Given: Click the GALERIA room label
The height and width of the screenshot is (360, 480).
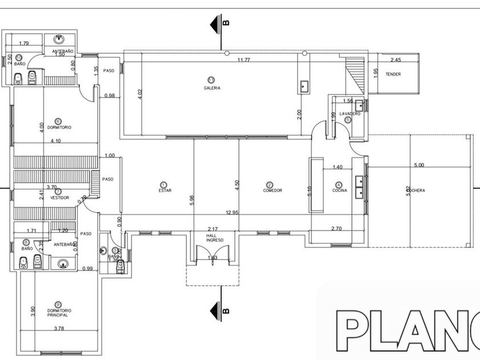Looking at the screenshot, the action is pyautogui.click(x=212, y=88).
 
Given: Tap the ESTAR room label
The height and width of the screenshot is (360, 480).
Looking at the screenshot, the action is pyautogui.click(x=165, y=190).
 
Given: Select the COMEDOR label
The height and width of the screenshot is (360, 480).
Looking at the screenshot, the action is pyautogui.click(x=273, y=190).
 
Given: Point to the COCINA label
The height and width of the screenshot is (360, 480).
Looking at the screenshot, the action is pyautogui.click(x=340, y=190).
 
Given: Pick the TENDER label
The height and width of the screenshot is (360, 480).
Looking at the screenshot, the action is pyautogui.click(x=393, y=74).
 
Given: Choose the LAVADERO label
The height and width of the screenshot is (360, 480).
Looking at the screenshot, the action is pyautogui.click(x=350, y=114).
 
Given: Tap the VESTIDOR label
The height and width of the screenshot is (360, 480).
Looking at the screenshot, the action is pyautogui.click(x=59, y=198).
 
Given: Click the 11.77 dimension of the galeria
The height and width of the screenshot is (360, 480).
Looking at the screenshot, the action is pyautogui.click(x=245, y=59).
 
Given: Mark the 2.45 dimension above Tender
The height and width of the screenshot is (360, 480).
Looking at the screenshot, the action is pyautogui.click(x=395, y=60).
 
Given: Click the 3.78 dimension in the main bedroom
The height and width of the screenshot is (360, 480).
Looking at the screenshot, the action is pyautogui.click(x=59, y=328).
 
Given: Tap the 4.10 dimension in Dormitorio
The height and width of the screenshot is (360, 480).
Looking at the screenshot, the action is pyautogui.click(x=56, y=141).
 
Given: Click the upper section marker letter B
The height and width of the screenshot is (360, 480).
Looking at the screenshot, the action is pyautogui.click(x=226, y=23).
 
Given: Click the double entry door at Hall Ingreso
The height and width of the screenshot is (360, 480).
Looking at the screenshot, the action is pyautogui.click(x=211, y=254).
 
